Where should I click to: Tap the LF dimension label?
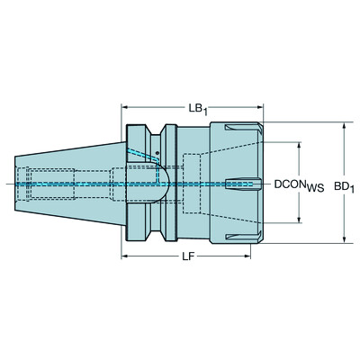[x=188, y=257]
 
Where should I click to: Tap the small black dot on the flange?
[x=157, y=154]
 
